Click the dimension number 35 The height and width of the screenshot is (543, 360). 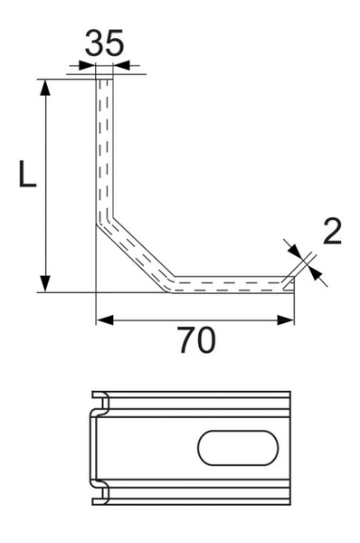pos(104,43)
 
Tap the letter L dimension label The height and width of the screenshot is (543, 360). pos(27,173)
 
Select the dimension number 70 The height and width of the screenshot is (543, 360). pos(196,342)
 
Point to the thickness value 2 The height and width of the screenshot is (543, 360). pos(332,232)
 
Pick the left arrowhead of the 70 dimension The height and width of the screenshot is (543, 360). pos(102,319)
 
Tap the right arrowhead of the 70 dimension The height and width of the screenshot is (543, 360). pos(288,319)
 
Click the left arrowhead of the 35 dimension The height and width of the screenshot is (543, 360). pos(87,65)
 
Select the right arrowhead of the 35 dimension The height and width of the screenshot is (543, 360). pos(120,65)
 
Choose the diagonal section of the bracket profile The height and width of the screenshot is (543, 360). pos(136,250)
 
